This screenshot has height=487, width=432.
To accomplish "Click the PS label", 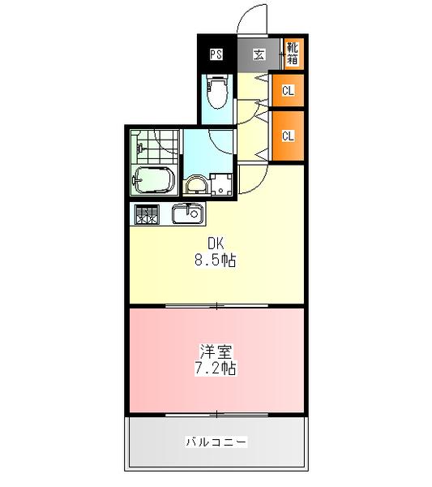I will pos(216,55).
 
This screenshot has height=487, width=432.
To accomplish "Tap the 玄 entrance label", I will pos(259,55).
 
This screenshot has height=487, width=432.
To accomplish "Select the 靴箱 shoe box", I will pos(292,54).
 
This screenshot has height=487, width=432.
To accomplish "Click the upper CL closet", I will pos(288,91).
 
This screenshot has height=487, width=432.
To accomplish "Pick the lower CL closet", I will pos(288,136).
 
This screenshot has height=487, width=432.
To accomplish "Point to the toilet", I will pos(217,93).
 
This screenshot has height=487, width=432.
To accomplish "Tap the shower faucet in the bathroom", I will pos(140,150).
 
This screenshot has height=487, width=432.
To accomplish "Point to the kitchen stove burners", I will pos(147,215).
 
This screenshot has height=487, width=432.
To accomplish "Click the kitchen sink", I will pos(188,215).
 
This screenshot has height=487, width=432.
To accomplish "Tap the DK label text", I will pos(215,243).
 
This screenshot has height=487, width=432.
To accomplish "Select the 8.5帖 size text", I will pos(215,261).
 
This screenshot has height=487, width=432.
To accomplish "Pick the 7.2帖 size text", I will pos(215,368).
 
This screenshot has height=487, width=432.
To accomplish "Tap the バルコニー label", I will pos(216,442).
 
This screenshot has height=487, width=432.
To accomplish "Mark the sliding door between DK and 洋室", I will pos(216,306).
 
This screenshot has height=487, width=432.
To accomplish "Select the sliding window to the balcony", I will pos(216,414).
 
